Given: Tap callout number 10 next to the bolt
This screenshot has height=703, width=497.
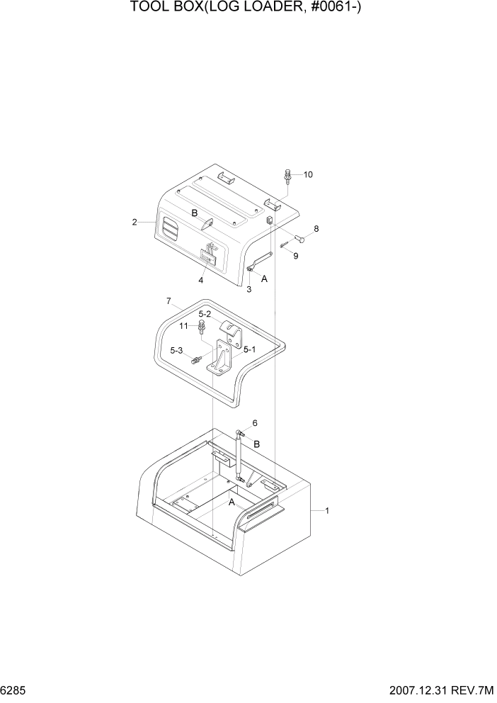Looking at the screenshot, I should point(308,174).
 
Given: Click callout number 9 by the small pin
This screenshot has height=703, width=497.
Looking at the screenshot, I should point(296,256).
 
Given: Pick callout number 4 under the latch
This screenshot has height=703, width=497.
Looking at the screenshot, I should point(201,280).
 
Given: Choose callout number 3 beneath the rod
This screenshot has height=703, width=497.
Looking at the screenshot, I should point(248,289).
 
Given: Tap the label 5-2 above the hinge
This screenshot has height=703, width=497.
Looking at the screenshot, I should point(205,314).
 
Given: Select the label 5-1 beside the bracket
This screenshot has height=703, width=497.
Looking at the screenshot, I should point(249,349).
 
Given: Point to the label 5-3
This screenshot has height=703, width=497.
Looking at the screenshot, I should point(176,350).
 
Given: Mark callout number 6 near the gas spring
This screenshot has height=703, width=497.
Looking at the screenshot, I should point(254,423).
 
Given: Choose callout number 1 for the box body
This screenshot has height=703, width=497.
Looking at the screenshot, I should point(326,510).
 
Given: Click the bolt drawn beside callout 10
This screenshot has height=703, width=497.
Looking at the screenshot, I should point(288,174).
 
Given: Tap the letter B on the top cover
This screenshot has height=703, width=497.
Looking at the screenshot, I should point(193,213).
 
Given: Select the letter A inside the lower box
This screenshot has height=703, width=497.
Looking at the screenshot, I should point(232,502).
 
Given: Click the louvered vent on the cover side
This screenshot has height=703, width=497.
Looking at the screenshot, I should point(171,229).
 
